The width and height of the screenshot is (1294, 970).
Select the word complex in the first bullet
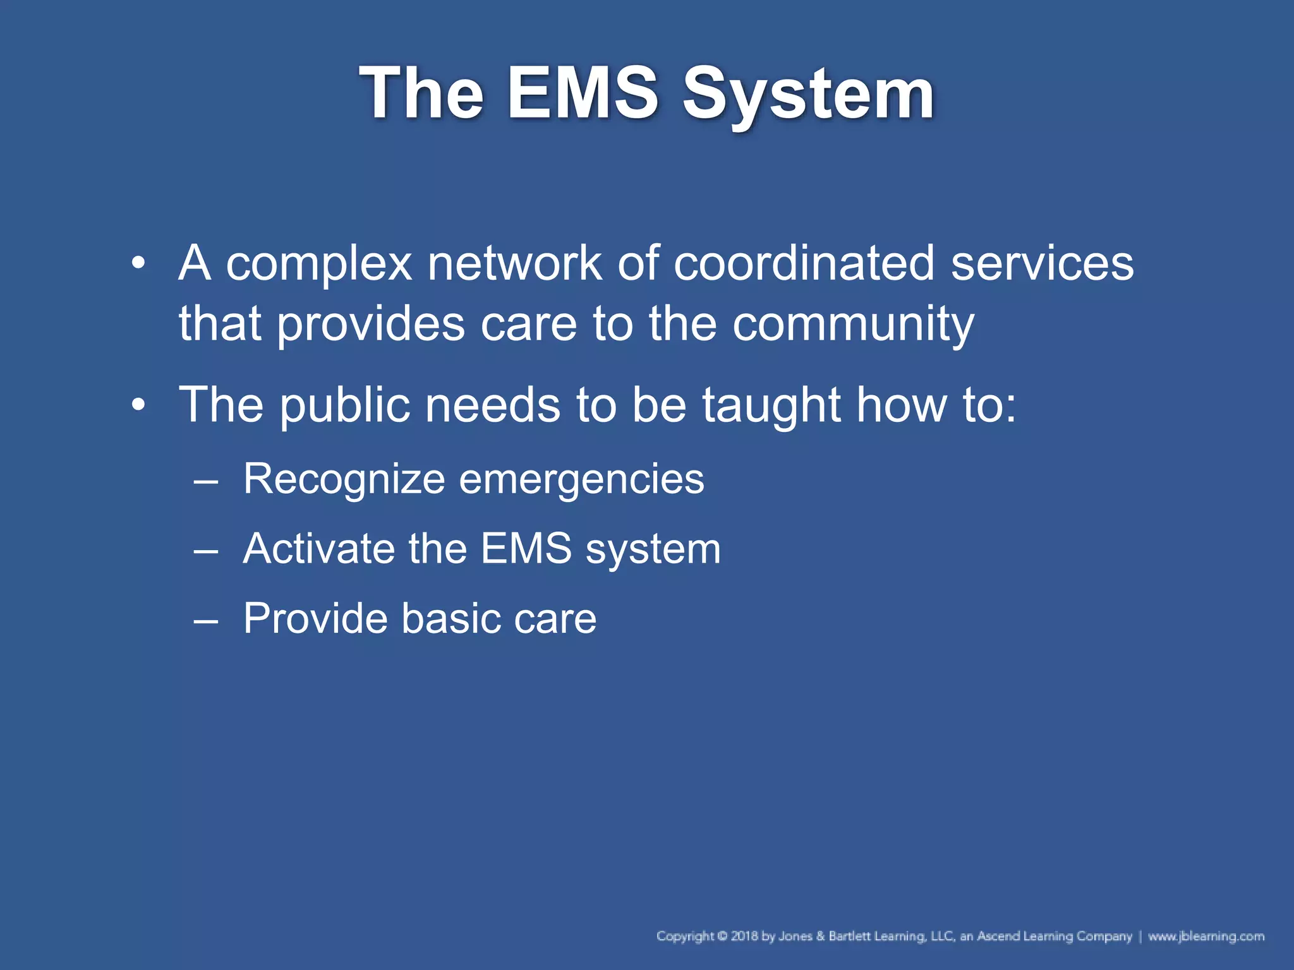(x=318, y=263)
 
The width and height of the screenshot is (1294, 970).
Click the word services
(x=1042, y=263)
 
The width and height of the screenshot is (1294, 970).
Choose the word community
(x=853, y=325)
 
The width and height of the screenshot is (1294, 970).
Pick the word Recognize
(x=344, y=479)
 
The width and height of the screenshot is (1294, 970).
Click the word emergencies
(x=581, y=480)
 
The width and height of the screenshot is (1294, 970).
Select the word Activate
(x=319, y=548)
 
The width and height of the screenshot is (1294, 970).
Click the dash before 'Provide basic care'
(x=206, y=619)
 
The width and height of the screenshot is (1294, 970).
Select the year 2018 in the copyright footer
(x=744, y=936)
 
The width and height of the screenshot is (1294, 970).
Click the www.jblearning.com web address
(x=1206, y=936)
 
